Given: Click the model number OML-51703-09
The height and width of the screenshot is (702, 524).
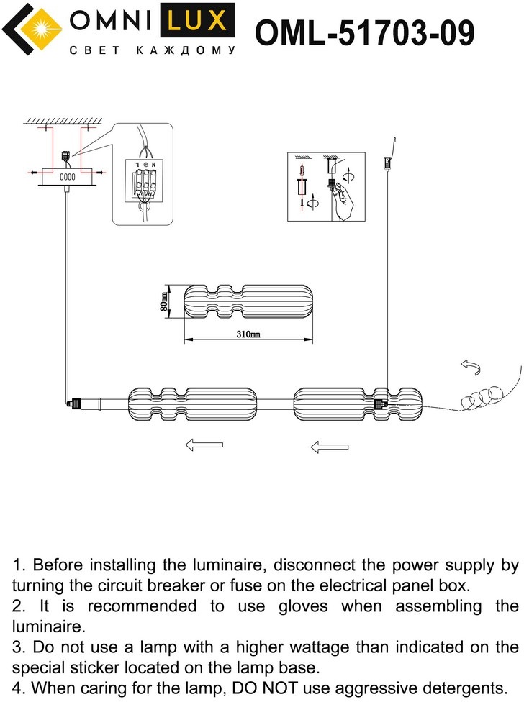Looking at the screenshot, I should pos(365,33).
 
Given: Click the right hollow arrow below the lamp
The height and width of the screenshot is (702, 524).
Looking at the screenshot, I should pos(329,447).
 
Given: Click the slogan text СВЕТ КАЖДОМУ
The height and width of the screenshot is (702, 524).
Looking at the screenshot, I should pos(152,51).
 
